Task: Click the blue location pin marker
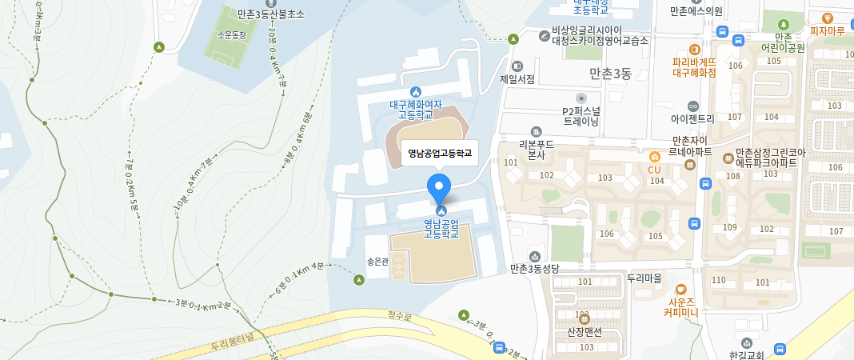point(439,188)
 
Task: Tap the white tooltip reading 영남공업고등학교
point(440,152)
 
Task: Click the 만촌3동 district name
point(610,74)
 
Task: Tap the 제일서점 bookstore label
point(517,78)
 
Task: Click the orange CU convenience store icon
point(654,157)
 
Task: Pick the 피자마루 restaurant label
point(828,31)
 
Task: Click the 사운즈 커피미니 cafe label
point(681,306)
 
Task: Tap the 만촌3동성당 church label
point(537,269)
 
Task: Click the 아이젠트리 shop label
point(692,118)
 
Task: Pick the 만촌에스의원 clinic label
point(696,11)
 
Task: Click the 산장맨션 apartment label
point(584,331)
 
